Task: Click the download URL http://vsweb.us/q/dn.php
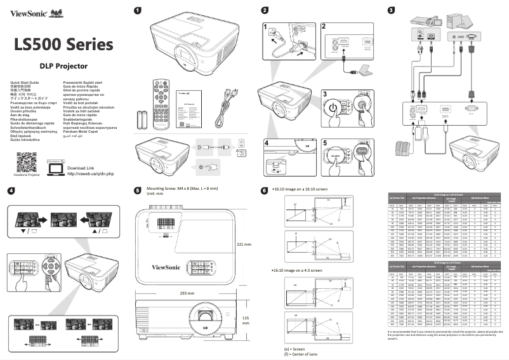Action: (90, 173)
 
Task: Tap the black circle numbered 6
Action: (265, 190)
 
